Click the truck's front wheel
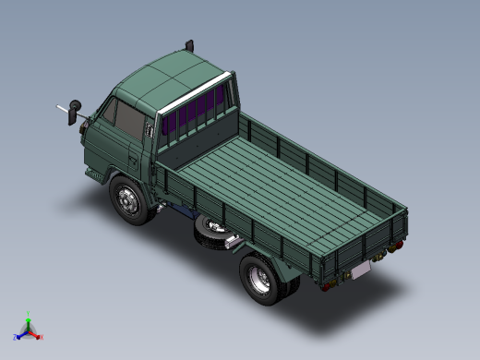click(128, 199)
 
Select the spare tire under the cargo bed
click(211, 233)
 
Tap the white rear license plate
click(360, 270)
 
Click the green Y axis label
click(29, 314)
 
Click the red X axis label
click(42, 337)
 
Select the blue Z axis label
click(16, 337)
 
